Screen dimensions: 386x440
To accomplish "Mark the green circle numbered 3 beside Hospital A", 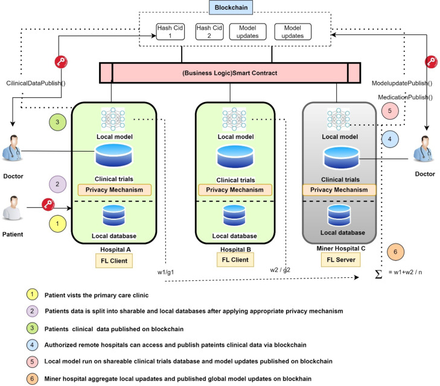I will click(x=57, y=121).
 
